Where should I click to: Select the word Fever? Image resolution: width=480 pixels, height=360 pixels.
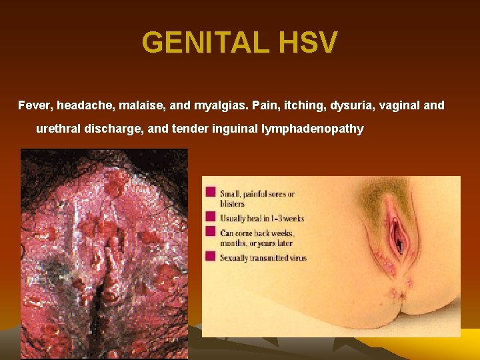[x=34, y=105]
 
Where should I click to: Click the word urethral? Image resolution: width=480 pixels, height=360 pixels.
[x=58, y=129]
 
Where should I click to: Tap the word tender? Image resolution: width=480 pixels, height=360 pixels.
[x=189, y=129]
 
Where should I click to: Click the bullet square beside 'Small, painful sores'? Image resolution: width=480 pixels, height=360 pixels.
[x=211, y=192]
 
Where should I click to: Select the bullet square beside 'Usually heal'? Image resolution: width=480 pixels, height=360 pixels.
[x=211, y=217]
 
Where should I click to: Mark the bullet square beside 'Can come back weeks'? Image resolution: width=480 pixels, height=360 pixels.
[x=211, y=231]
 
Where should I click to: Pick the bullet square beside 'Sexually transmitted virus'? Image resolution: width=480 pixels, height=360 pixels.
[x=211, y=256]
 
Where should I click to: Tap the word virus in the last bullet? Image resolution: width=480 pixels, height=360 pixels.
[x=295, y=257]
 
